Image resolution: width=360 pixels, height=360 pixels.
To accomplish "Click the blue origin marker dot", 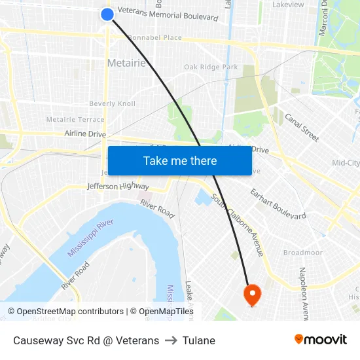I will [x=108, y=14].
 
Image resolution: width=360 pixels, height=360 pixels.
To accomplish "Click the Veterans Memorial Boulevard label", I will [x=168, y=16].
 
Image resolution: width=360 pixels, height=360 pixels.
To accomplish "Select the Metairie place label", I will [x=126, y=63].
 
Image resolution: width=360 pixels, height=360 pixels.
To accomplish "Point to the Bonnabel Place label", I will [x=155, y=37].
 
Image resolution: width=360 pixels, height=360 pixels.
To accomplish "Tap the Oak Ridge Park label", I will [x=211, y=67].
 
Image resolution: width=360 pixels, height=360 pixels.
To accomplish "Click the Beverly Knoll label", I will [x=112, y=103].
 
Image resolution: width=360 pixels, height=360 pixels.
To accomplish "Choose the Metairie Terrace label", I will [x=75, y=119].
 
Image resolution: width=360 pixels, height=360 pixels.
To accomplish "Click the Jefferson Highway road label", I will [x=118, y=187].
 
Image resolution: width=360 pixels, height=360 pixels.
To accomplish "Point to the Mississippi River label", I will [x=91, y=239].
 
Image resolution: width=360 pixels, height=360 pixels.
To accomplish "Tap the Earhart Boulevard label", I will [x=278, y=204].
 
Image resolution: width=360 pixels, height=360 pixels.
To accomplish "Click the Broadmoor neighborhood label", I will [x=302, y=252].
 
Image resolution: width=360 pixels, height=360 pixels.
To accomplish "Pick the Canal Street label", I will [x=302, y=127].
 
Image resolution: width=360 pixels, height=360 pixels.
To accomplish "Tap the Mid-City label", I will [x=346, y=163].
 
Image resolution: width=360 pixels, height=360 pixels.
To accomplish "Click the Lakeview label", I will [x=288, y=5].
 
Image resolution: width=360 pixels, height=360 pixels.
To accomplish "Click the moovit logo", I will [x=321, y=339].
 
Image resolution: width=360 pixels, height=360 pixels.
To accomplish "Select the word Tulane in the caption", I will [x=199, y=340].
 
